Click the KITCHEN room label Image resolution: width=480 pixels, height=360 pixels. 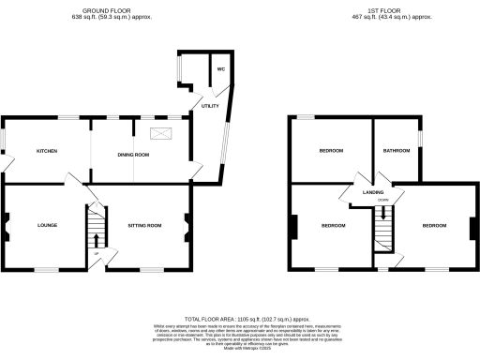point(47,151)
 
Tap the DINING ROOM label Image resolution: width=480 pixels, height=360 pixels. point(134,154)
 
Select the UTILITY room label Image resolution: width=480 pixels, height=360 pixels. point(210,107)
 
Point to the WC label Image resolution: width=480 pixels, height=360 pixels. point(222,70)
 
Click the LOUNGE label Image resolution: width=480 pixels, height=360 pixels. point(48,225)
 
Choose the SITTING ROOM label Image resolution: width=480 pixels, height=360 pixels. point(145,225)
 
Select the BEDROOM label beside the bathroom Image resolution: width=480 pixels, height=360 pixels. point(331,151)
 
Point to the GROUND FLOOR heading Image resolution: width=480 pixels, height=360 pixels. point(102,11)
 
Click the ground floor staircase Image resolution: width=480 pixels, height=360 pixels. point(95,226)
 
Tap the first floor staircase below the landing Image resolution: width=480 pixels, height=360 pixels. point(382,225)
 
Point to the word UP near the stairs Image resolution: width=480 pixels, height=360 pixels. point(96,254)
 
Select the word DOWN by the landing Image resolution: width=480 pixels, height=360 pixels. point(382,200)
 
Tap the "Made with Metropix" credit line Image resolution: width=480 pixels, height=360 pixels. point(240,352)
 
